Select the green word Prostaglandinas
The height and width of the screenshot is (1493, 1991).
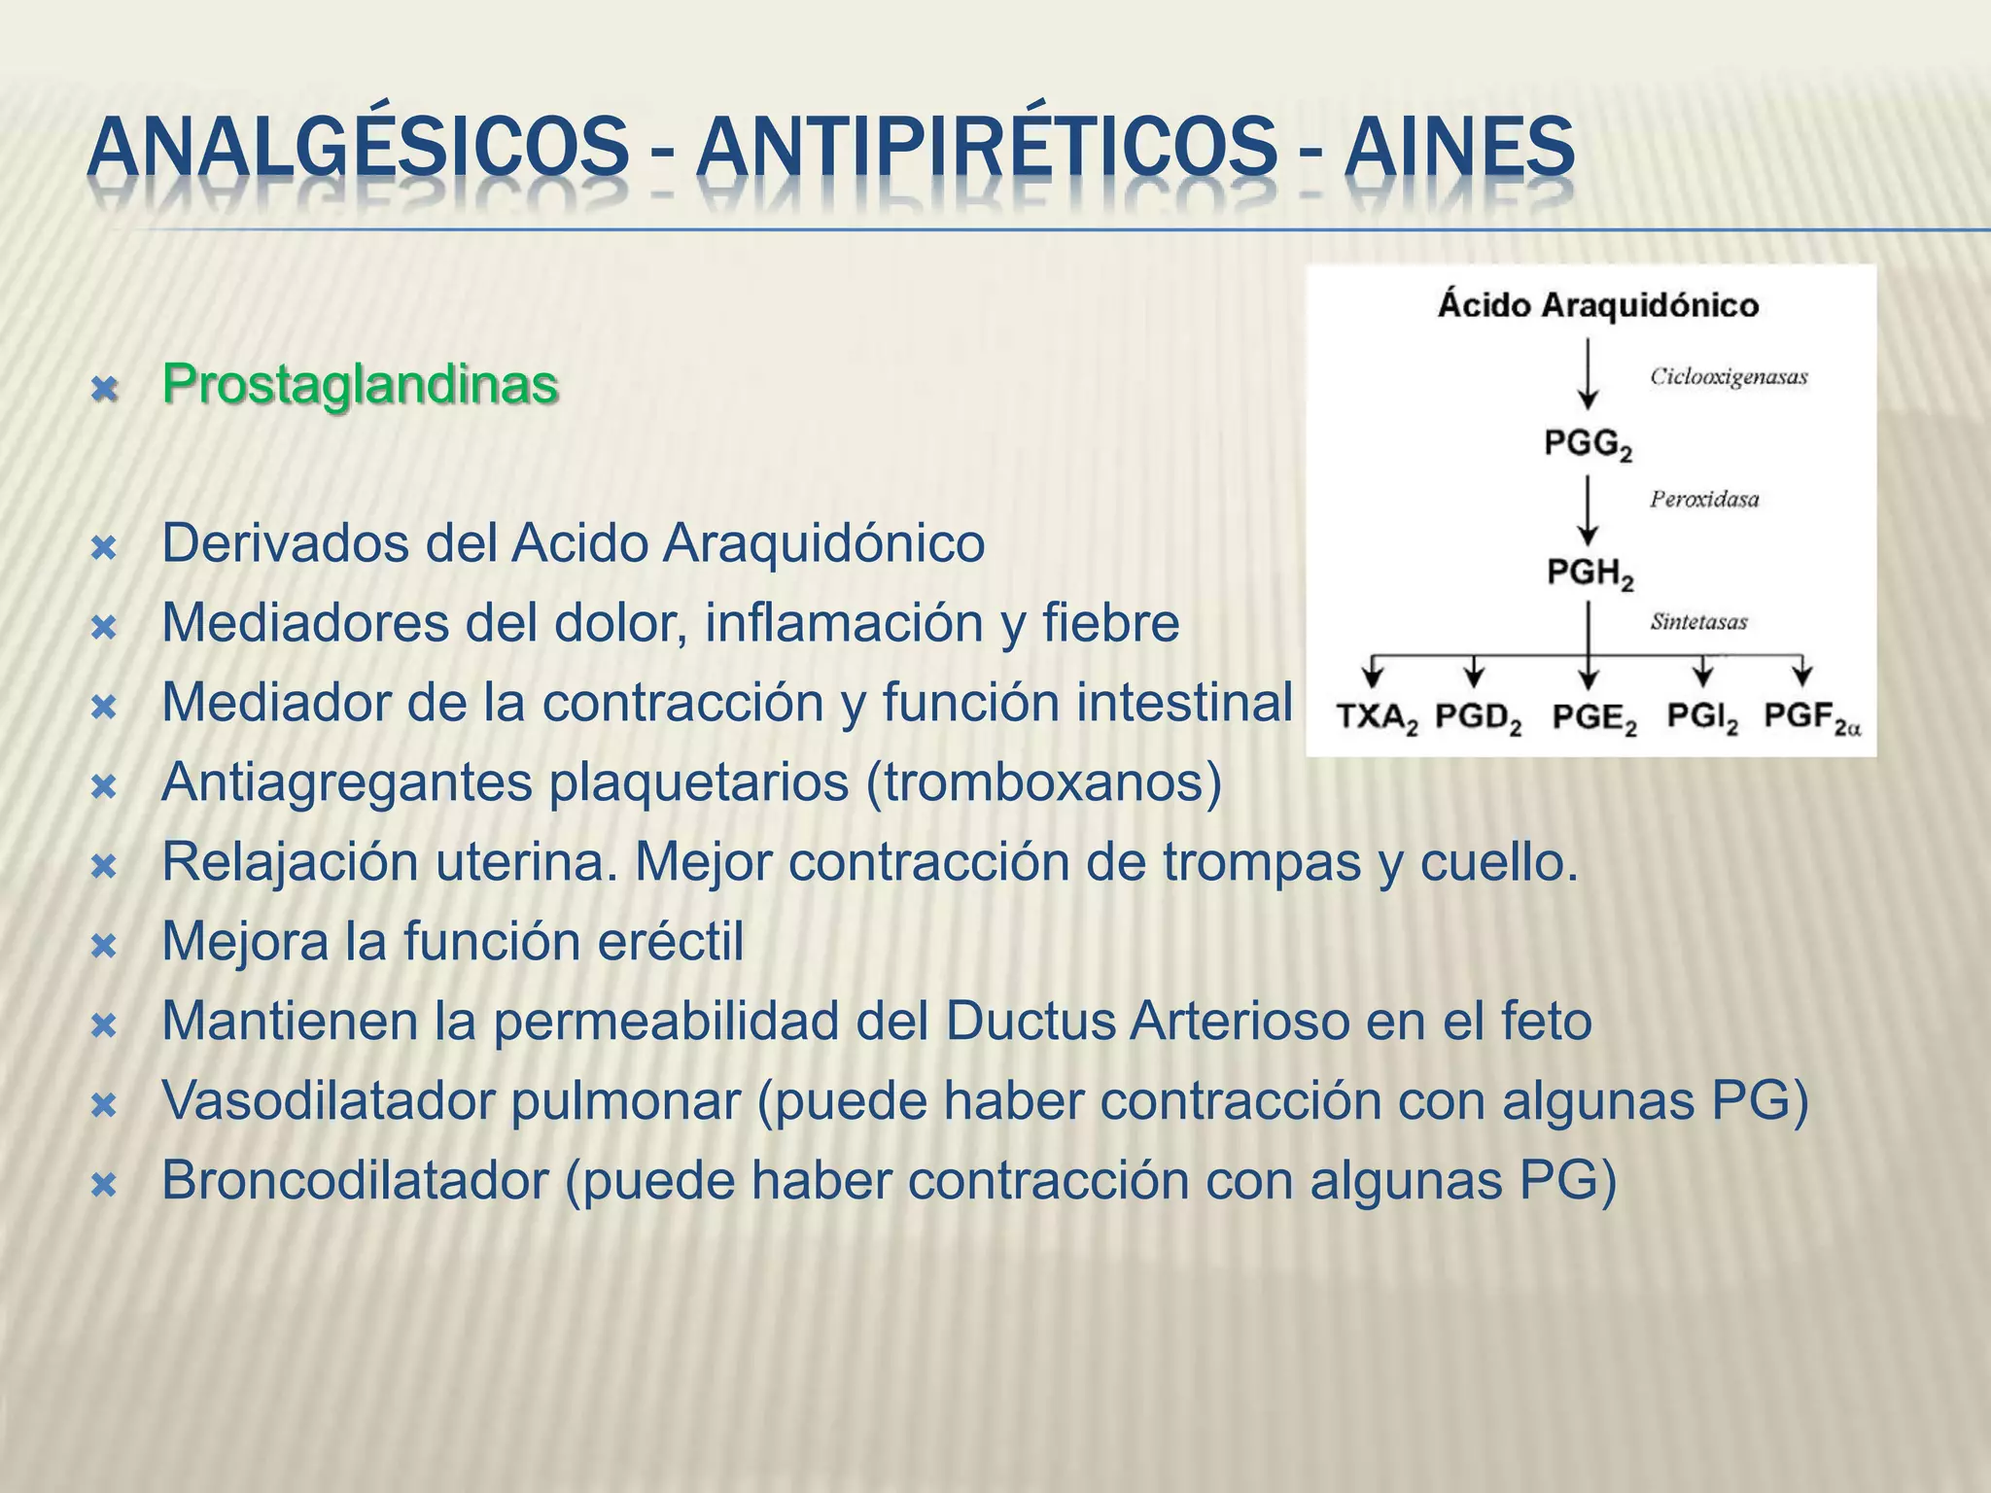(360, 384)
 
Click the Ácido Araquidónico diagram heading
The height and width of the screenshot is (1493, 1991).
(1598, 305)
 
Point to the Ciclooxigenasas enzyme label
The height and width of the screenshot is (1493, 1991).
(1728, 377)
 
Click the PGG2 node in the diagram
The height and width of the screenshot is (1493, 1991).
(1588, 445)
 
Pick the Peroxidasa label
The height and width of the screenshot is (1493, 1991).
(1703, 500)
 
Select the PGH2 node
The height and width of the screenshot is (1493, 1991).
(1589, 573)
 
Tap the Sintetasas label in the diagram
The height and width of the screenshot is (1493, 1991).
(1698, 622)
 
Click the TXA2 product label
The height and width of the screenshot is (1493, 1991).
(1377, 718)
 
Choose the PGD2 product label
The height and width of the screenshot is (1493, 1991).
(1478, 718)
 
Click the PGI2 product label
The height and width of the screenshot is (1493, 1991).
(1701, 718)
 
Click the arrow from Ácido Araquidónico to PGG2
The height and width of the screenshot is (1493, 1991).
(1588, 373)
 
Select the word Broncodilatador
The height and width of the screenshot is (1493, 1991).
(355, 1180)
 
